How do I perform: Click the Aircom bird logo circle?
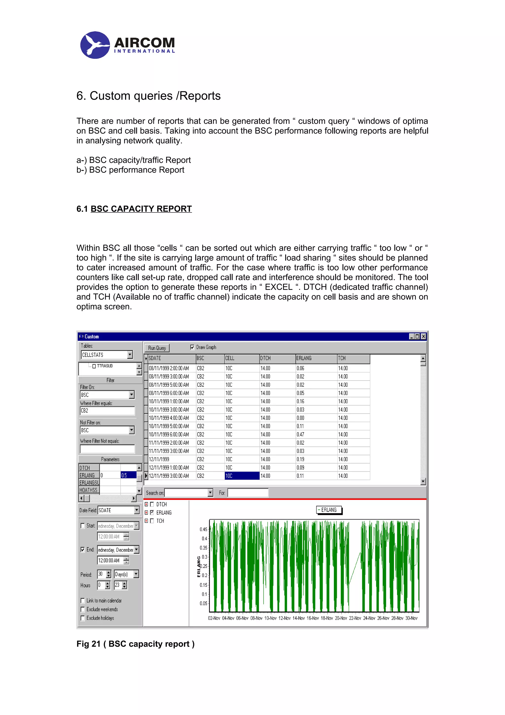95,45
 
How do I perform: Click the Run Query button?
157,348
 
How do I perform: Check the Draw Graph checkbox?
192,347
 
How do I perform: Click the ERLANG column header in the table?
316,358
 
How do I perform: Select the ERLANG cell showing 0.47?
300,434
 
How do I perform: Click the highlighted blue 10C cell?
242,476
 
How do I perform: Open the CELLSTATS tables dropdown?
130,355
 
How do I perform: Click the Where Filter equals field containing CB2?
107,411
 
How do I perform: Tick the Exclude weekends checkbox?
83,609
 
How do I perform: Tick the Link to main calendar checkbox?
83,601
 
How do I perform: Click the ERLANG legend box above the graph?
329,510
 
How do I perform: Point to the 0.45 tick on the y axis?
203,529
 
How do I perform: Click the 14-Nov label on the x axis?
298,618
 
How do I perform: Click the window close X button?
423,337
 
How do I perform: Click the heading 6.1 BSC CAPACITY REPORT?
134,209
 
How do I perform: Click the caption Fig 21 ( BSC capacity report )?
135,644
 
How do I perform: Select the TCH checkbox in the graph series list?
152,521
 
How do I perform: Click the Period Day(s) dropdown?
136,574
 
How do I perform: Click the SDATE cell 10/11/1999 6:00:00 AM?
169,434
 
